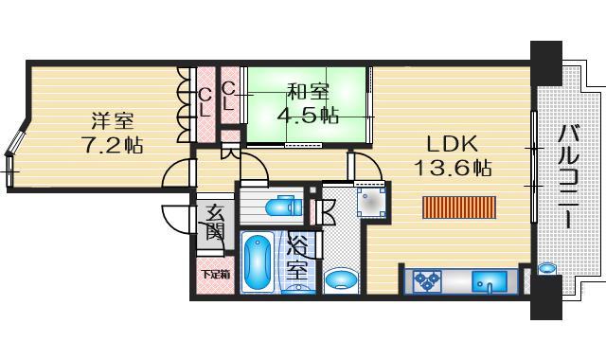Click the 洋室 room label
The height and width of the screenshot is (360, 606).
[x=112, y=120]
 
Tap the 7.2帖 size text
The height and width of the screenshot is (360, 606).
[x=112, y=147]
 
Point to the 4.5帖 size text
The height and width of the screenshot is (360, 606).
[x=309, y=116]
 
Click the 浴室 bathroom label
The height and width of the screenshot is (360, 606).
[x=297, y=257]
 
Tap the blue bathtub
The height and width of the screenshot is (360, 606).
[x=257, y=262]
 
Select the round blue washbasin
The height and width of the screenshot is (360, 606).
[x=340, y=279]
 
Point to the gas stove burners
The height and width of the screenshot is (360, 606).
[x=427, y=280]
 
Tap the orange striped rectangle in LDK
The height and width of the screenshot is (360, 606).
[x=459, y=207]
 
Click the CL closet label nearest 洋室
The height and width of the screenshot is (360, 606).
[x=205, y=99]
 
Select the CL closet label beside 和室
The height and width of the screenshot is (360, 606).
[x=228, y=98]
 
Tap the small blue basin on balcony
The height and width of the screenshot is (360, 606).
[x=546, y=270]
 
